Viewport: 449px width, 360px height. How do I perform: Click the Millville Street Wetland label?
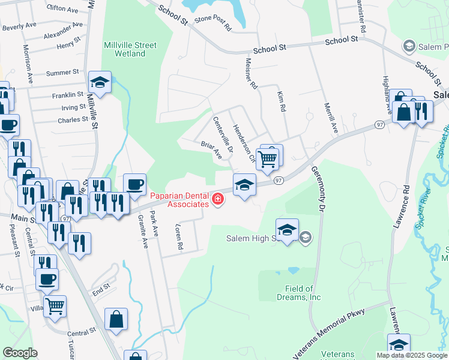tap(130, 49)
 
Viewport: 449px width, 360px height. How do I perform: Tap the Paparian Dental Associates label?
tap(179, 199)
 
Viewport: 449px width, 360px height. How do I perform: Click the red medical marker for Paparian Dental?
tap(217, 200)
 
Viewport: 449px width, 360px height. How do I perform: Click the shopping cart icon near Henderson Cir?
tap(267, 159)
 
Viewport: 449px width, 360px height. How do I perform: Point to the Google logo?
tap(20, 353)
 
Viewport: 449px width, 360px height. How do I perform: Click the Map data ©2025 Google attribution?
tap(412, 355)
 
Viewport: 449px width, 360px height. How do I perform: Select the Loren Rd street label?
tap(178, 238)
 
